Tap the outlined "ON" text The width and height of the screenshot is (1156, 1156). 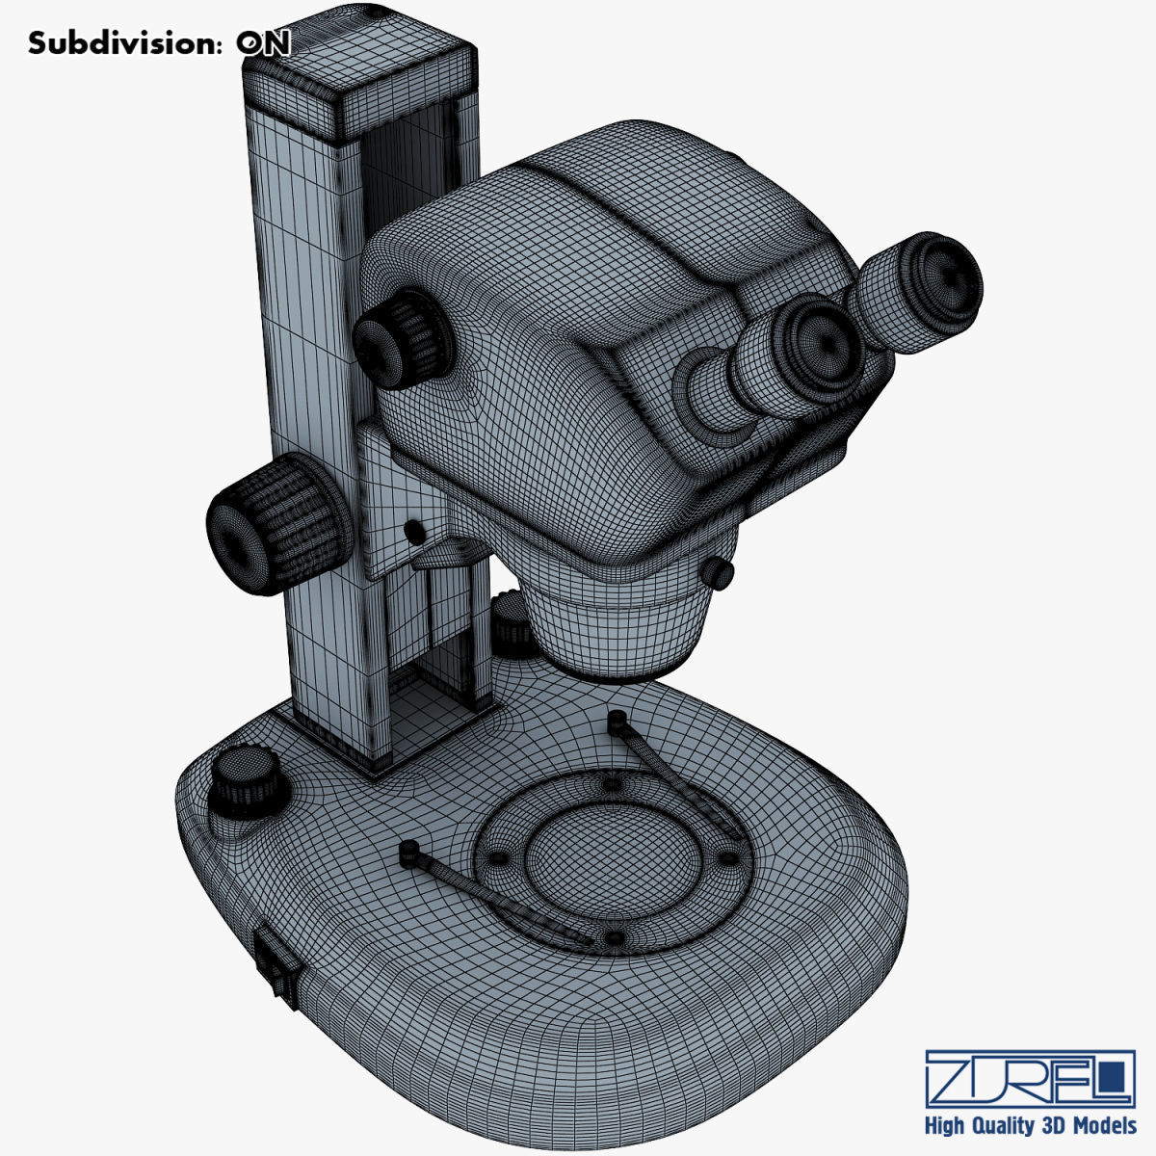click(x=263, y=43)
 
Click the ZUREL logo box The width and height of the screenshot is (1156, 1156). click(x=1029, y=1079)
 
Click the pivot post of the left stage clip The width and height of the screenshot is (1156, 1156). click(x=408, y=852)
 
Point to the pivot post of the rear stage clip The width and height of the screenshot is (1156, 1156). click(x=617, y=719)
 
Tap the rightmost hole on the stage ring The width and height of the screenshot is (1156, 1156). click(x=729, y=857)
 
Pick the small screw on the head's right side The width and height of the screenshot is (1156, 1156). click(x=720, y=572)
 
